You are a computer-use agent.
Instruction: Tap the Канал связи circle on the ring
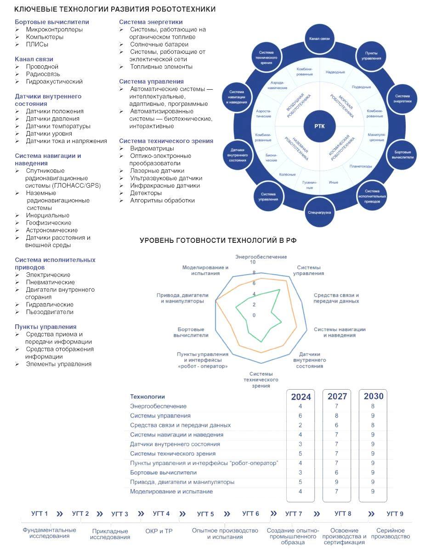tap(319, 39)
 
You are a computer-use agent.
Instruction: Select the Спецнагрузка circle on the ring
tap(319, 213)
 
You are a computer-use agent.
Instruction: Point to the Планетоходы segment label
tap(361, 166)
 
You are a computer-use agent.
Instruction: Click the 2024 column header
tap(301, 397)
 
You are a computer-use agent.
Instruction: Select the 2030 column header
tap(373, 396)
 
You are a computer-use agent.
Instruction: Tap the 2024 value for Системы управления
tap(301, 416)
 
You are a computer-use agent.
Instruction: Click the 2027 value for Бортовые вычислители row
tap(337, 472)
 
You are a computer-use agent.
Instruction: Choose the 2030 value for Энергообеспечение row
tap(373, 406)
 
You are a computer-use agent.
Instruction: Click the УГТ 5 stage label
tap(205, 514)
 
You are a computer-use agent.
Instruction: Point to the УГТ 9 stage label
tap(395, 514)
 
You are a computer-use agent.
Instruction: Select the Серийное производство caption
tap(390, 534)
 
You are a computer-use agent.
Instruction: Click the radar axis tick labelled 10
tap(252, 262)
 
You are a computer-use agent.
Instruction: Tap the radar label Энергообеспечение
tap(261, 256)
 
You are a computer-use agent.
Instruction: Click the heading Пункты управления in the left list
tap(45, 327)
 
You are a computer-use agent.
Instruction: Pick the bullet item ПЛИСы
tap(37, 44)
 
